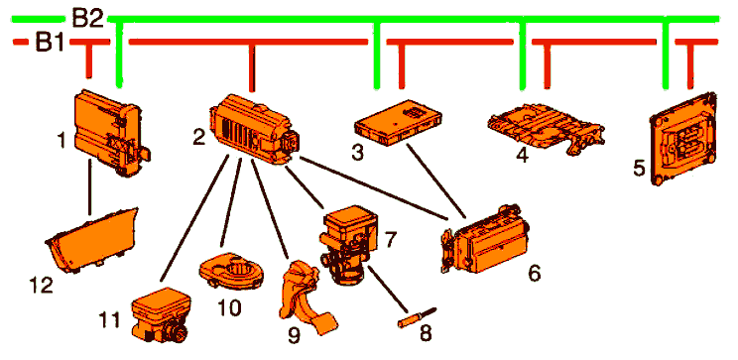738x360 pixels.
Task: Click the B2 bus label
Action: point(88,19)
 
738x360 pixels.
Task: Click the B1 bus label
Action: point(50,43)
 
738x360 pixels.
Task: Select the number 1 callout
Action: point(61,140)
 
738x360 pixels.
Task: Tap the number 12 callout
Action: point(41,285)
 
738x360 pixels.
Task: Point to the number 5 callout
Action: point(638,168)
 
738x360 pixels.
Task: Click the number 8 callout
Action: point(425,332)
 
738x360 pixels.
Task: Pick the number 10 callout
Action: point(229,307)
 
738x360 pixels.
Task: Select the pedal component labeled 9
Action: point(307,296)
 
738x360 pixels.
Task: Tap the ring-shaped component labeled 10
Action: point(231,270)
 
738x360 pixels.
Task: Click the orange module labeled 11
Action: point(160,313)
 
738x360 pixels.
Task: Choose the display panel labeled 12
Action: point(92,241)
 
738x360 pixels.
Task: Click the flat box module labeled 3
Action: point(398,121)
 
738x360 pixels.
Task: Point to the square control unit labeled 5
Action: point(682,139)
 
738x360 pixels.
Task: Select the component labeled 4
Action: point(546,126)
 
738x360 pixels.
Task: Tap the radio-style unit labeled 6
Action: point(485,239)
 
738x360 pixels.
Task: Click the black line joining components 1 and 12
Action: point(89,187)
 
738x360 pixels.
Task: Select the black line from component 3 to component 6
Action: point(435,181)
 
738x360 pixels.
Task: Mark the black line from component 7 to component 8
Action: point(388,289)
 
